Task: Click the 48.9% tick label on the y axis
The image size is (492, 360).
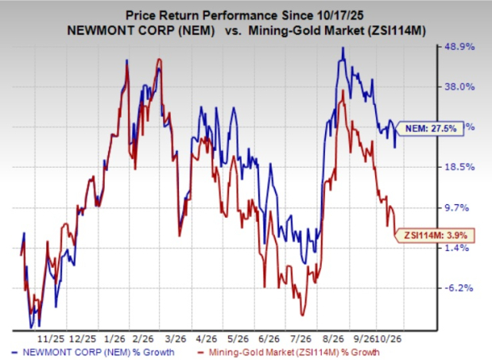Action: pyautogui.click(x=459, y=47)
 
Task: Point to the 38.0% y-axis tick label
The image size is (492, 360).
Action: pyautogui.click(x=459, y=87)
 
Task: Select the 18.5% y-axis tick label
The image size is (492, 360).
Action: pyautogui.click(x=459, y=167)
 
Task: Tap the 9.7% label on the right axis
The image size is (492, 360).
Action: pyautogui.click(x=457, y=207)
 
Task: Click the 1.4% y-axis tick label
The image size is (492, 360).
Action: pyautogui.click(x=457, y=248)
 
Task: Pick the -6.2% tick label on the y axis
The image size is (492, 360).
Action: pyautogui.click(x=459, y=288)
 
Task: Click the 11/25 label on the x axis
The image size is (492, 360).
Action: pyautogui.click(x=51, y=339)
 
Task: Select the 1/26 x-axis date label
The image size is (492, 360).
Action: pyautogui.click(x=114, y=339)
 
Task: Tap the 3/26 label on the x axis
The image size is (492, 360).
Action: pyautogui.click(x=176, y=339)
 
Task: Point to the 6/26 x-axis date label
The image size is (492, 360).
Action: pyautogui.click(x=269, y=339)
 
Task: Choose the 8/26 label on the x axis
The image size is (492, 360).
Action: pyautogui.click(x=332, y=339)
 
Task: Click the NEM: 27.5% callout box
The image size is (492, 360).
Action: pyautogui.click(x=429, y=129)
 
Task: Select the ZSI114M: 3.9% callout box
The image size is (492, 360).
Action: pyautogui.click(x=435, y=235)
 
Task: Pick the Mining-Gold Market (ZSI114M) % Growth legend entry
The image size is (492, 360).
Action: pyautogui.click(x=289, y=353)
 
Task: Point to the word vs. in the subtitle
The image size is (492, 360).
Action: pyautogui.click(x=233, y=31)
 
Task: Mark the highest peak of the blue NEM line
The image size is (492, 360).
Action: pyautogui.click(x=343, y=48)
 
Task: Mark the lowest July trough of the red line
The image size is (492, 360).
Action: pyautogui.click(x=302, y=315)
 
